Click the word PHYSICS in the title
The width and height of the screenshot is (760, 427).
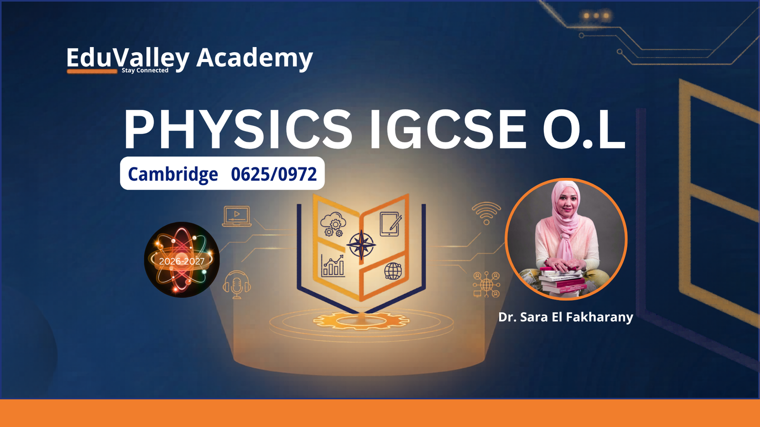[238, 130]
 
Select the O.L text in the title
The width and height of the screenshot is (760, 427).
[584, 130]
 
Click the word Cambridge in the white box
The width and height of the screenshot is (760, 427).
[173, 175]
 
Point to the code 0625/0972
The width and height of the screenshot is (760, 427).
[274, 174]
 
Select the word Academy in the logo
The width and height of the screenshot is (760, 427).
[255, 58]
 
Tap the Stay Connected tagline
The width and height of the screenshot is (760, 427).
[145, 70]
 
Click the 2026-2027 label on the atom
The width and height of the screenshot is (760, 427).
[182, 261]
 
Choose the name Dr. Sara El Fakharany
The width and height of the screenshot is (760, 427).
[566, 317]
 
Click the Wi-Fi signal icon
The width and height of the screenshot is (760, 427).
[486, 213]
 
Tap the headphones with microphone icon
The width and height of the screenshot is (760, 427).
[237, 285]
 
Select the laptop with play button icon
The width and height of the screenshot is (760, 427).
[237, 216]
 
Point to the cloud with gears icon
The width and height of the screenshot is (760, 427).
[333, 224]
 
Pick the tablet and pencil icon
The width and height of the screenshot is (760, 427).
[390, 223]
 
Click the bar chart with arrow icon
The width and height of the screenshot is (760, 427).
[332, 266]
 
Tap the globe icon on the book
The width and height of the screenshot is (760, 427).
[393, 271]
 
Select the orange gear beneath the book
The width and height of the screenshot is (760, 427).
[361, 321]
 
